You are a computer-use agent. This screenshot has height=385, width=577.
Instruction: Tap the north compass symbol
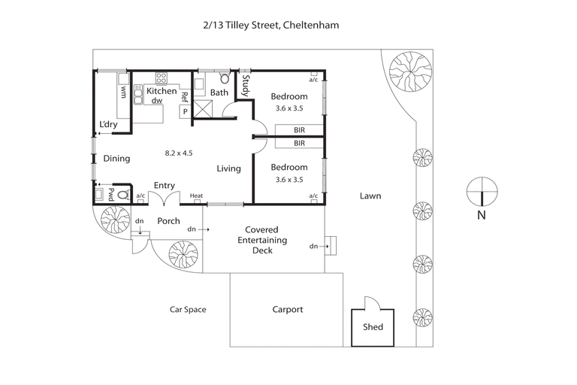point(482,192)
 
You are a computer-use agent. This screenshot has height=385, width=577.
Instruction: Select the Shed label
point(373,327)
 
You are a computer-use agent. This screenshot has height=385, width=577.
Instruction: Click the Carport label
point(287,309)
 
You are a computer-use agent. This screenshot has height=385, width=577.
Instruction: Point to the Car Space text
point(187,309)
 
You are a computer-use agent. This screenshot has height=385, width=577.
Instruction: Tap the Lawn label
point(370,196)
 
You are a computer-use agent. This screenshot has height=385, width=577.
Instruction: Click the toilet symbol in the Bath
point(223,77)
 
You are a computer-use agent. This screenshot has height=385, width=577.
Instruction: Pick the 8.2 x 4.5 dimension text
point(179,153)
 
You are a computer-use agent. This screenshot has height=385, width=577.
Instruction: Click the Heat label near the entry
point(196,196)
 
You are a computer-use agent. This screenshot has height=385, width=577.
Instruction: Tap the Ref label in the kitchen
point(184,97)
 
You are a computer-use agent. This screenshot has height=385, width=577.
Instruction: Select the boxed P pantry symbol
point(184,112)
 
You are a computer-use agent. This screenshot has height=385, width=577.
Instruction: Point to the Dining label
point(116,159)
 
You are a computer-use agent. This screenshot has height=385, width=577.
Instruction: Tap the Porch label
point(168,221)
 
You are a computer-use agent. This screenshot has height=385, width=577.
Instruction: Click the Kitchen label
point(161,91)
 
